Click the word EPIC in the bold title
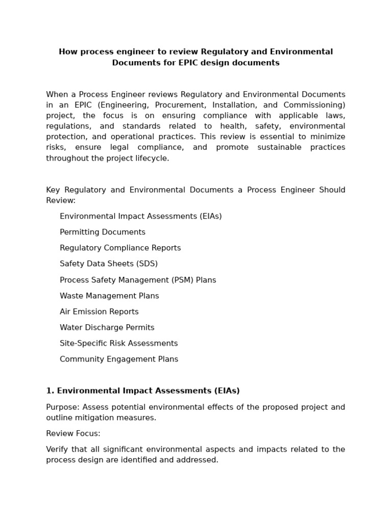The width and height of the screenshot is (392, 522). click(166, 63)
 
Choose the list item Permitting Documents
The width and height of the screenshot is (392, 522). click(103, 232)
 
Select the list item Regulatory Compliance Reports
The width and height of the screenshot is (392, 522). click(120, 248)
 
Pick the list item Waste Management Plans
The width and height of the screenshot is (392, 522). click(109, 296)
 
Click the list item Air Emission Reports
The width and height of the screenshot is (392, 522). click(99, 311)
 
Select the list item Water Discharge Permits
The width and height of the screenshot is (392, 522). click(107, 327)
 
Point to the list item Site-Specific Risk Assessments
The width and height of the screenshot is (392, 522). click(118, 343)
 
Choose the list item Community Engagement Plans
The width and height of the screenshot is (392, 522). click(119, 359)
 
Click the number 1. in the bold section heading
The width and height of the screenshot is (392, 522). click(50, 390)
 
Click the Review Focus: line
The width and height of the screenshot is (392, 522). click(73, 433)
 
